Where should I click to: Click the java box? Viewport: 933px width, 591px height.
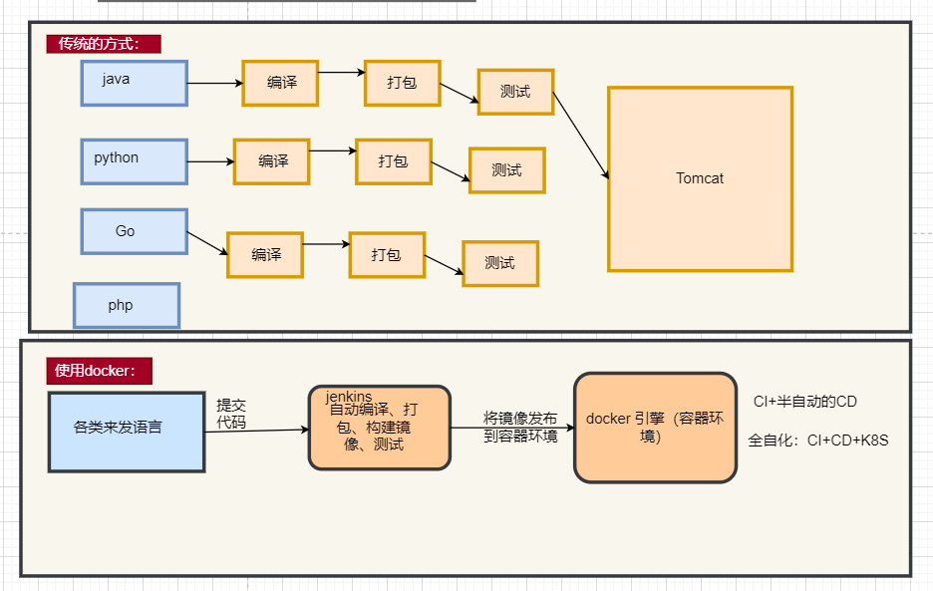point(134,83)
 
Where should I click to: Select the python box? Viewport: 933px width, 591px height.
point(134,160)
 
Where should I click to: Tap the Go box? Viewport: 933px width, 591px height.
point(134,231)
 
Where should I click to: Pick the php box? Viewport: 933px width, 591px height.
point(126,305)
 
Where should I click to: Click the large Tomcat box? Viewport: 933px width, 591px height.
point(700,178)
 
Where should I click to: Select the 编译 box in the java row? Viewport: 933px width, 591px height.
point(280,83)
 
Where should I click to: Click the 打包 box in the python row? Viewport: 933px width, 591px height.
point(394,160)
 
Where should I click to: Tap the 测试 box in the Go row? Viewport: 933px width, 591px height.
point(499,263)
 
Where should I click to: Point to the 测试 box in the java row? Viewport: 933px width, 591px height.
point(515,92)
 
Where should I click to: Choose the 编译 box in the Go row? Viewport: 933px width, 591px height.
point(264,254)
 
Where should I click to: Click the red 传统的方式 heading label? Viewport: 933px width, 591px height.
point(103,44)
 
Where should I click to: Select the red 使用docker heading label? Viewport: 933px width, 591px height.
point(98,371)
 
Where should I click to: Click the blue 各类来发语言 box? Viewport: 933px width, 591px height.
point(127,432)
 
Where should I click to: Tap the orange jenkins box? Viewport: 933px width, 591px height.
point(379,428)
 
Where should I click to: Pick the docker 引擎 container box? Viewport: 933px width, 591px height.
point(655,428)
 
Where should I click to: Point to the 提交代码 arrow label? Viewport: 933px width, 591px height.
point(231,414)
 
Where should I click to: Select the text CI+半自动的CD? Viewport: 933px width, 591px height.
point(804,402)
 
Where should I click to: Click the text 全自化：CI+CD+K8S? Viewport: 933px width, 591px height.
point(817,440)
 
